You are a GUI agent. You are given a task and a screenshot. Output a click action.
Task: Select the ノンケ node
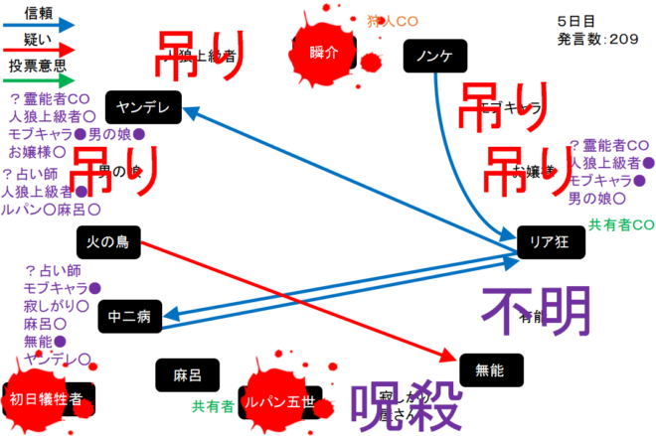point(435,57)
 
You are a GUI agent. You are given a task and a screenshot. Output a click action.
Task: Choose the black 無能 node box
point(490,370)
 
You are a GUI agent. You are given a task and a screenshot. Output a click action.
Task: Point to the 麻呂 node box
point(187,375)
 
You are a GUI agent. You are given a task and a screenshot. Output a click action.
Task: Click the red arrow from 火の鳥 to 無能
point(298,297)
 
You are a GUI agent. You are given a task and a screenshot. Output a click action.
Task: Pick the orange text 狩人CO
point(392,20)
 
